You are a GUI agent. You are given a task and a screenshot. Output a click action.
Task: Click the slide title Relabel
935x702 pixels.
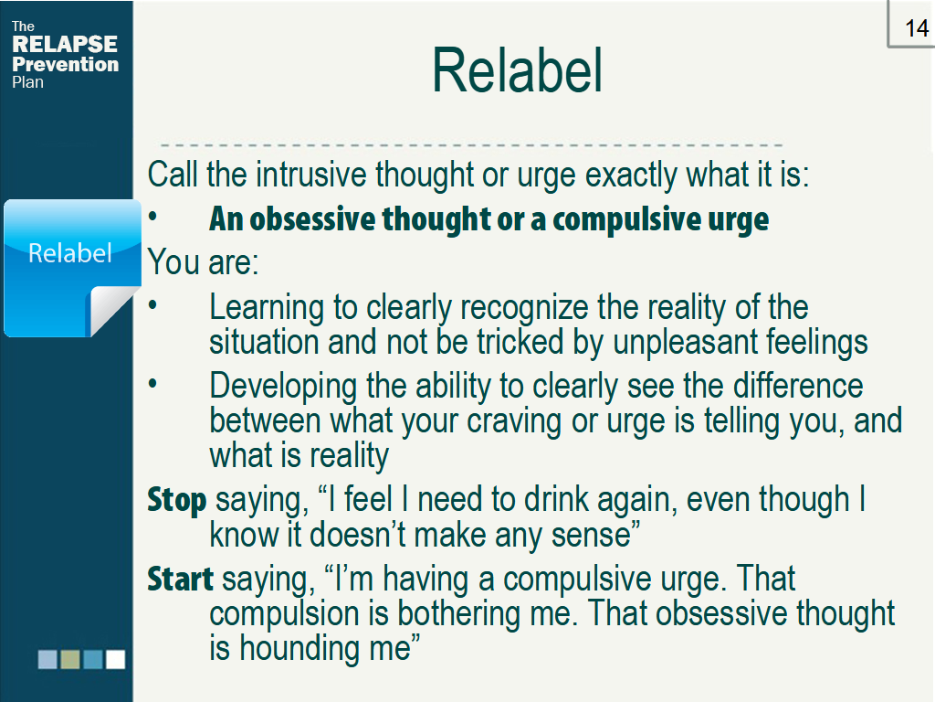pos(517,71)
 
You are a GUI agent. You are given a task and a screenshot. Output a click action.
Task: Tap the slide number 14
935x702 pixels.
pos(917,28)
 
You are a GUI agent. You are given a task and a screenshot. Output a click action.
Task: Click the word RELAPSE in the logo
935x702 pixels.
pos(65,44)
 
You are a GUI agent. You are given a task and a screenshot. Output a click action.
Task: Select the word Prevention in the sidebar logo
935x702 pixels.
pos(65,64)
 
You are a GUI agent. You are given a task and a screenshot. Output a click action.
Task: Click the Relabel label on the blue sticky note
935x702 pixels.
pos(69,253)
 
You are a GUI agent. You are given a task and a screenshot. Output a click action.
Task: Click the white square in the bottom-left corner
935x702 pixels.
pos(116,659)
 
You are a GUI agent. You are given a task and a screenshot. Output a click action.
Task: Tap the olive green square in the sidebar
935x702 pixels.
pos(70,659)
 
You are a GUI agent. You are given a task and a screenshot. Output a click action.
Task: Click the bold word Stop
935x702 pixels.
pos(176,500)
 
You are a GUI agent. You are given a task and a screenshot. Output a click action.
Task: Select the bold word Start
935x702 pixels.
pos(180,579)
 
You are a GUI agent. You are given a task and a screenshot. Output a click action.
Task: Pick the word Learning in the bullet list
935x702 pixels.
pos(268,309)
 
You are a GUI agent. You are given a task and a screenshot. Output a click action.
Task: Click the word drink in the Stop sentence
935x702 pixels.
pos(556,499)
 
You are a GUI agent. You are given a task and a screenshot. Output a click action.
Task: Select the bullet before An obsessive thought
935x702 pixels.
pos(152,218)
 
